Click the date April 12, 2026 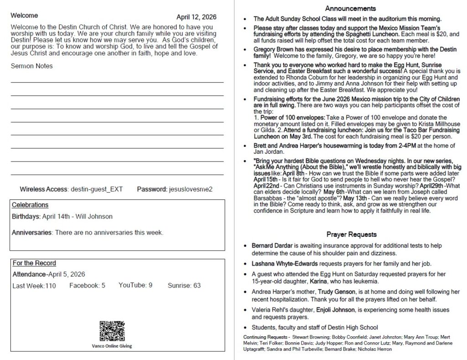coord(196,17)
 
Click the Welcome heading coord(25,16)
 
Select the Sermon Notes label coord(31,66)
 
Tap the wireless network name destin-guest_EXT coord(97,189)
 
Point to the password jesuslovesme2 coord(190,189)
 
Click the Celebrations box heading coord(30,205)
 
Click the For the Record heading coord(34,263)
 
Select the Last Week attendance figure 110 coord(50,286)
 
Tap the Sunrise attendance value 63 coord(197,286)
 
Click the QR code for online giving coord(112,331)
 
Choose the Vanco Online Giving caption coord(112,346)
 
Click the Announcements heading coord(350,9)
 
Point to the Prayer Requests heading coord(351,235)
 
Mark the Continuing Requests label coord(266,337)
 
